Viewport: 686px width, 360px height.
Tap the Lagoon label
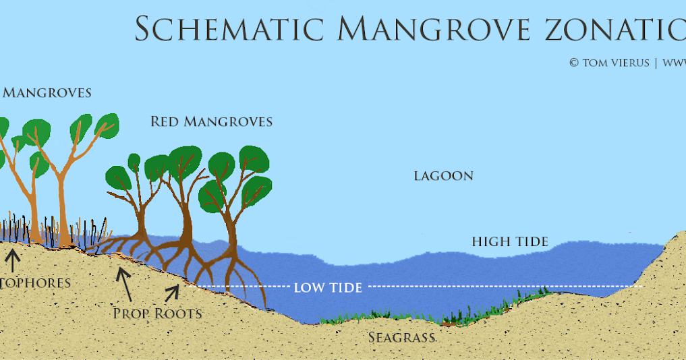(443, 176)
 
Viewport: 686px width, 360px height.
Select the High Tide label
(510, 241)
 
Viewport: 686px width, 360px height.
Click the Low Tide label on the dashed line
(328, 288)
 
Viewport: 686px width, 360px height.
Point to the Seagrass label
(401, 336)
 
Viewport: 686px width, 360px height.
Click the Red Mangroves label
(211, 122)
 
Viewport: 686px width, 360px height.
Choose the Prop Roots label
(157, 313)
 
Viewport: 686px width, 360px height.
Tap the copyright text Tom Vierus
(609, 63)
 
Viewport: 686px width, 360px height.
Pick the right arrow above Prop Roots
(173, 293)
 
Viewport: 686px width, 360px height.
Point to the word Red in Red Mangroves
(165, 122)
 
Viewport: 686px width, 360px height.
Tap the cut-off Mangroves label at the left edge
(46, 93)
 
